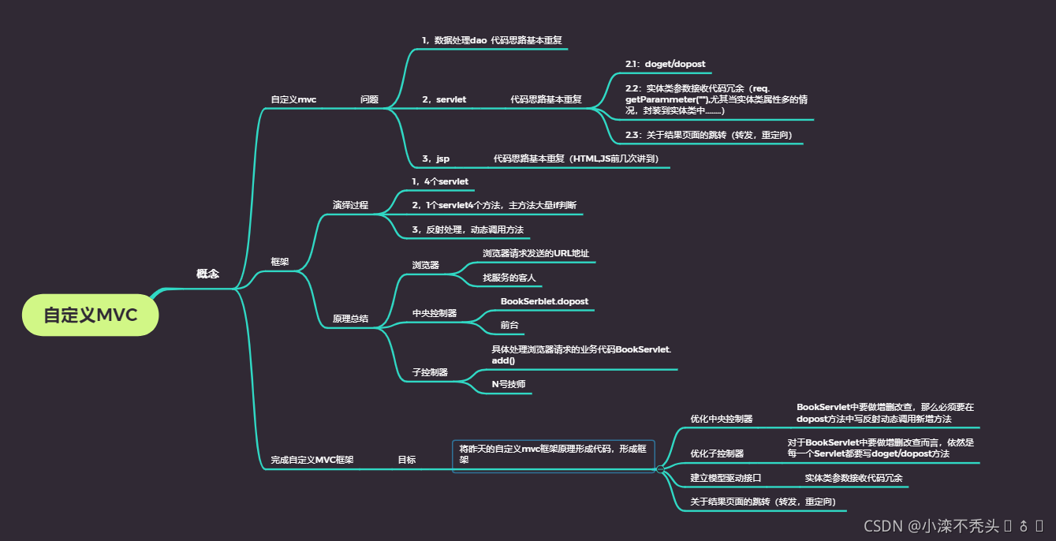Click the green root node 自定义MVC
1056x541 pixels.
pyautogui.click(x=91, y=315)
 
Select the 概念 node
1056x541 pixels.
pyautogui.click(x=207, y=274)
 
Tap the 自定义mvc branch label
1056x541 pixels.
pyautogui.click(x=293, y=100)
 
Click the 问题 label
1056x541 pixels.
pyautogui.click(x=369, y=100)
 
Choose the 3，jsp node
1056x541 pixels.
pyautogui.click(x=435, y=159)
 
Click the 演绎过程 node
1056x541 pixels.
pyautogui.click(x=350, y=205)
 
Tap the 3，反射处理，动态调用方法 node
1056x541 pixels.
pyautogui.click(x=468, y=229)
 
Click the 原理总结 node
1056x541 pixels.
pyautogui.click(x=350, y=319)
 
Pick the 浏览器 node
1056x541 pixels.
pyautogui.click(x=425, y=265)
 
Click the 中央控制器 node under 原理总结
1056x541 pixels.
pyautogui.click(x=435, y=313)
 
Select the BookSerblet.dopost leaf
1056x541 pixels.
pyautogui.click(x=544, y=301)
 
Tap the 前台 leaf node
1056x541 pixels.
pyautogui.click(x=509, y=325)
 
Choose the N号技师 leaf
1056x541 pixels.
pyautogui.click(x=509, y=384)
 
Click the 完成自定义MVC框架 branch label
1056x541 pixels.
pyautogui.click(x=312, y=460)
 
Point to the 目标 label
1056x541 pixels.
pyautogui.click(x=406, y=460)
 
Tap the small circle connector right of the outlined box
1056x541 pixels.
pyautogui.click(x=660, y=469)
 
